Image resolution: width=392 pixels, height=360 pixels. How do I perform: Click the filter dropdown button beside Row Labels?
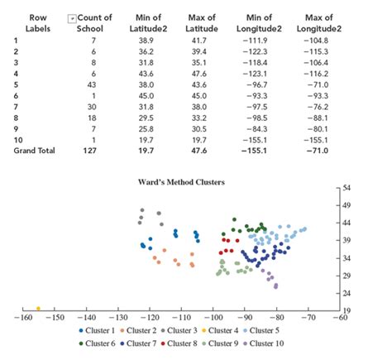[73, 17]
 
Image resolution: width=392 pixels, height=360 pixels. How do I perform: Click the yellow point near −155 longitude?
[38, 309]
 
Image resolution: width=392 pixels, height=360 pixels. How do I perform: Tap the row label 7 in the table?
[15, 107]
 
